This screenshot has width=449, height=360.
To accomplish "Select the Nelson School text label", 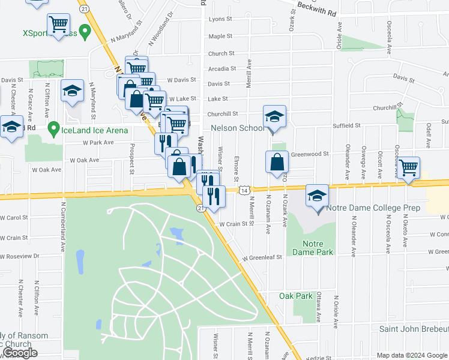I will (237, 128).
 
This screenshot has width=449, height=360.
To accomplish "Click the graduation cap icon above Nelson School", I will (274, 116).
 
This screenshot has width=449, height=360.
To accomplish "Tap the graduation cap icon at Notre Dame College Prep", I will (318, 196).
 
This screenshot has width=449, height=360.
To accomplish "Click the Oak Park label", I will (295, 296).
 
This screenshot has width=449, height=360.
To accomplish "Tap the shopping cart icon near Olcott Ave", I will (408, 167).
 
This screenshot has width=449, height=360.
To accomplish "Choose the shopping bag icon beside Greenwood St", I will (276, 162).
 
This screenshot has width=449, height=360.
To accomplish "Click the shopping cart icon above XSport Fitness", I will (59, 25).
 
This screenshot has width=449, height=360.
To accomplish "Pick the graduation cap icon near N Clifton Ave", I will (72, 91).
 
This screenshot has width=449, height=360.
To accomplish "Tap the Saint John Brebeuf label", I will (414, 329).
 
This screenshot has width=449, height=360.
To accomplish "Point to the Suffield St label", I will (346, 126).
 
